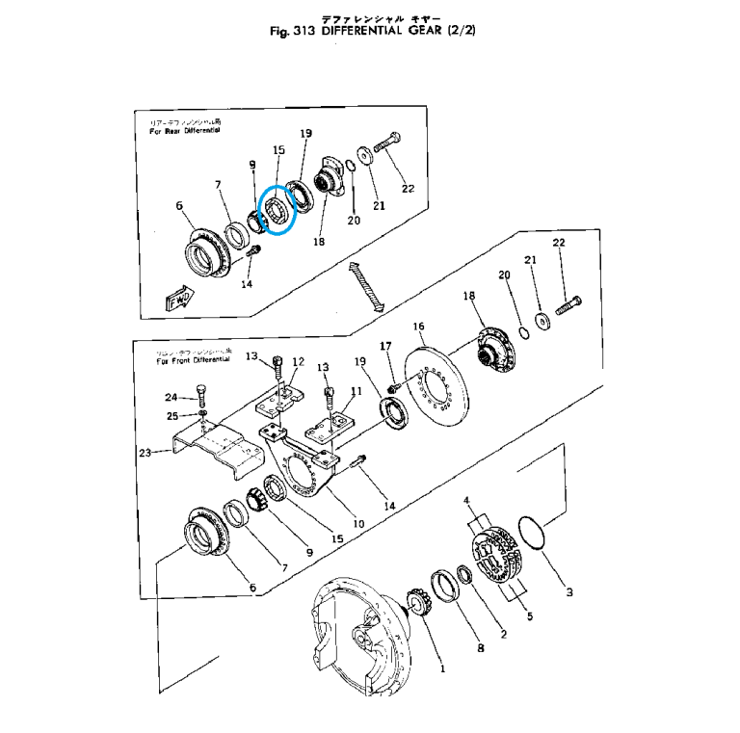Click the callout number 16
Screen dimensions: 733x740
tap(419, 327)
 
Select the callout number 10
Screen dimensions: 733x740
tap(357, 524)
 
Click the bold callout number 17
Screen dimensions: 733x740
tap(385, 346)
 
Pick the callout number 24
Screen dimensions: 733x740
tap(171, 397)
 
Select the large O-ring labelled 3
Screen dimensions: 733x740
tap(533, 539)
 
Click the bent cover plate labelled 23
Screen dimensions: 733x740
tap(214, 450)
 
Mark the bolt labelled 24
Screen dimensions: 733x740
tap(200, 394)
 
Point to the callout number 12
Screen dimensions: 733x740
tap(299, 362)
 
